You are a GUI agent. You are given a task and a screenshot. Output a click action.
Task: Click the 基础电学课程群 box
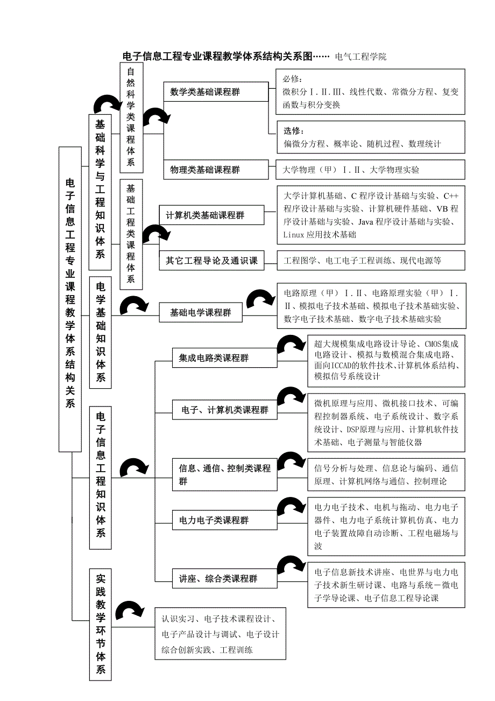click(200, 312)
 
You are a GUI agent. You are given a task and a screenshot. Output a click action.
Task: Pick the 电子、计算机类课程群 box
click(224, 410)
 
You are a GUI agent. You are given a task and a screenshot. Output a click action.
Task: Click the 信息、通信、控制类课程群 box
click(224, 474)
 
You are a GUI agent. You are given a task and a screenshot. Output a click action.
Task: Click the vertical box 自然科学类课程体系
click(131, 116)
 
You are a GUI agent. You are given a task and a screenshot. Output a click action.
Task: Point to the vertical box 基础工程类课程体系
click(131, 234)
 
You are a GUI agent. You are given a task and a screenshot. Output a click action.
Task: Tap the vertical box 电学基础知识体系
click(101, 332)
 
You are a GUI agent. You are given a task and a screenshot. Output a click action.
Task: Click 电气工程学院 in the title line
click(360, 56)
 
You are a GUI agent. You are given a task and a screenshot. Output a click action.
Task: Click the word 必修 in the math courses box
click(293, 79)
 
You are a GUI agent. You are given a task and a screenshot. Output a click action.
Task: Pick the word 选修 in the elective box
click(294, 131)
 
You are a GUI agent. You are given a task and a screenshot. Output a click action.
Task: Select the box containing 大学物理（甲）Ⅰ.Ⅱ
click(370, 170)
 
